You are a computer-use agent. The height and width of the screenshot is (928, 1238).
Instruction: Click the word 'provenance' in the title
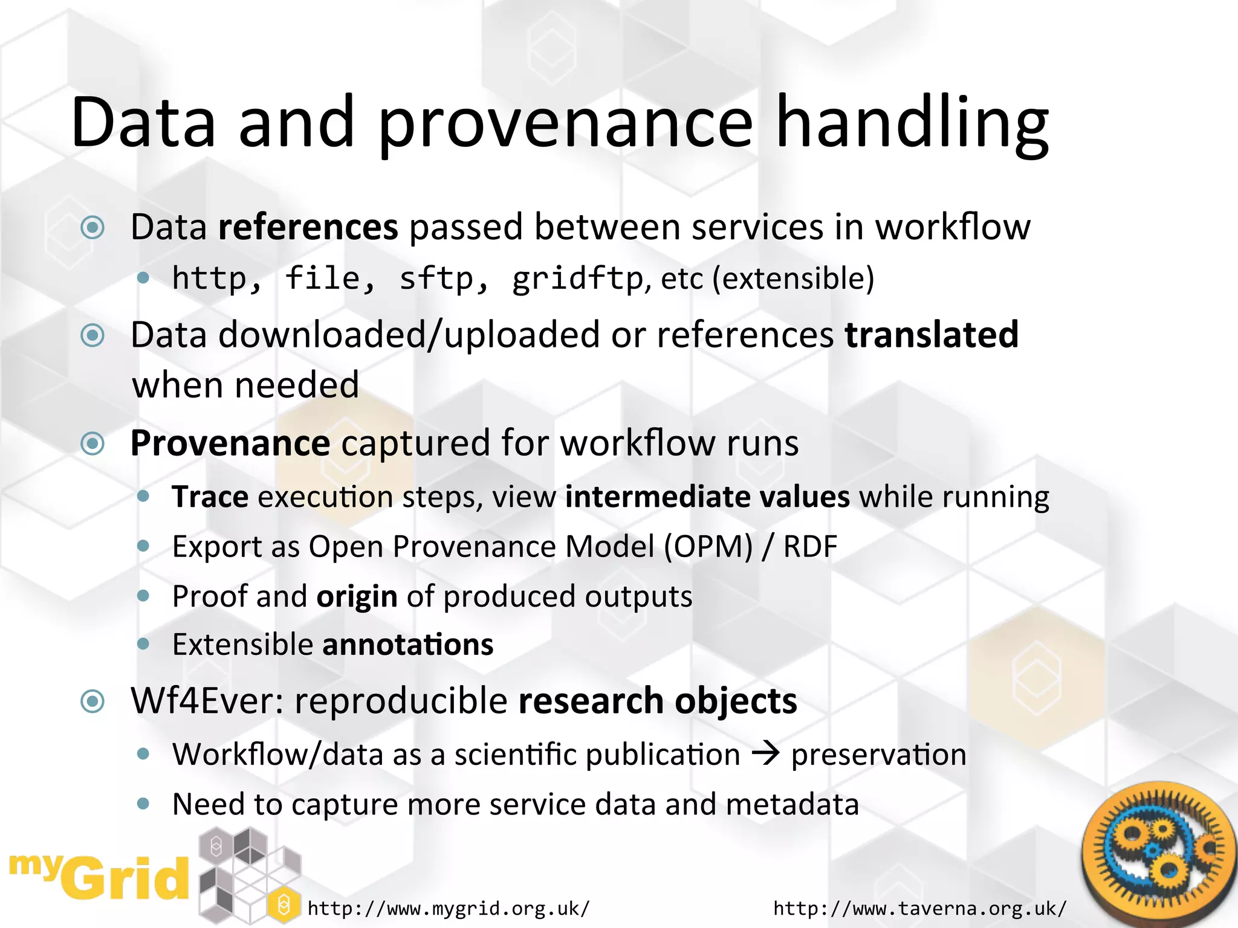pyautogui.click(x=565, y=124)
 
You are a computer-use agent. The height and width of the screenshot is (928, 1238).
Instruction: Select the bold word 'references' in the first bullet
pyautogui.click(x=308, y=228)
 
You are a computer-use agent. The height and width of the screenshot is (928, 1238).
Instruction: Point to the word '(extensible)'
pyautogui.click(x=793, y=279)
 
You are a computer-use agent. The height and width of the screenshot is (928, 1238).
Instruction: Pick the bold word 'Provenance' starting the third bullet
pyautogui.click(x=230, y=443)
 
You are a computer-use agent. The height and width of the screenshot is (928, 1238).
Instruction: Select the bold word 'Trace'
pyautogui.click(x=210, y=497)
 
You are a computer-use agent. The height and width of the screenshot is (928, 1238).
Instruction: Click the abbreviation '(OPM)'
pyautogui.click(x=708, y=547)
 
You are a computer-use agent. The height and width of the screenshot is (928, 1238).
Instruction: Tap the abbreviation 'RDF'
pyautogui.click(x=810, y=547)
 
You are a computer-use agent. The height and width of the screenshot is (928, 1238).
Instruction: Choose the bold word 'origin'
pyautogui.click(x=357, y=597)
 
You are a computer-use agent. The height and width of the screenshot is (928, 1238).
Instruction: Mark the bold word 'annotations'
pyautogui.click(x=408, y=645)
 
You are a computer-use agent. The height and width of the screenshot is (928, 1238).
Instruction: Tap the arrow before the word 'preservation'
pyautogui.click(x=766, y=754)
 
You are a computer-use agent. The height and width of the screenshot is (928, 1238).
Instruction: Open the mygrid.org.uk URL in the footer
pyautogui.click(x=448, y=908)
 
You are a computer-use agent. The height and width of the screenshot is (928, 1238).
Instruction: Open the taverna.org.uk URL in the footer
pyautogui.click(x=919, y=908)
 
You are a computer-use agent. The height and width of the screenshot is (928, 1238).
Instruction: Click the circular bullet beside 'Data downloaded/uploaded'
pyautogui.click(x=92, y=335)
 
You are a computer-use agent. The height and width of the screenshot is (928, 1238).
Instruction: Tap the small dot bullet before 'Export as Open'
pyautogui.click(x=143, y=547)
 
